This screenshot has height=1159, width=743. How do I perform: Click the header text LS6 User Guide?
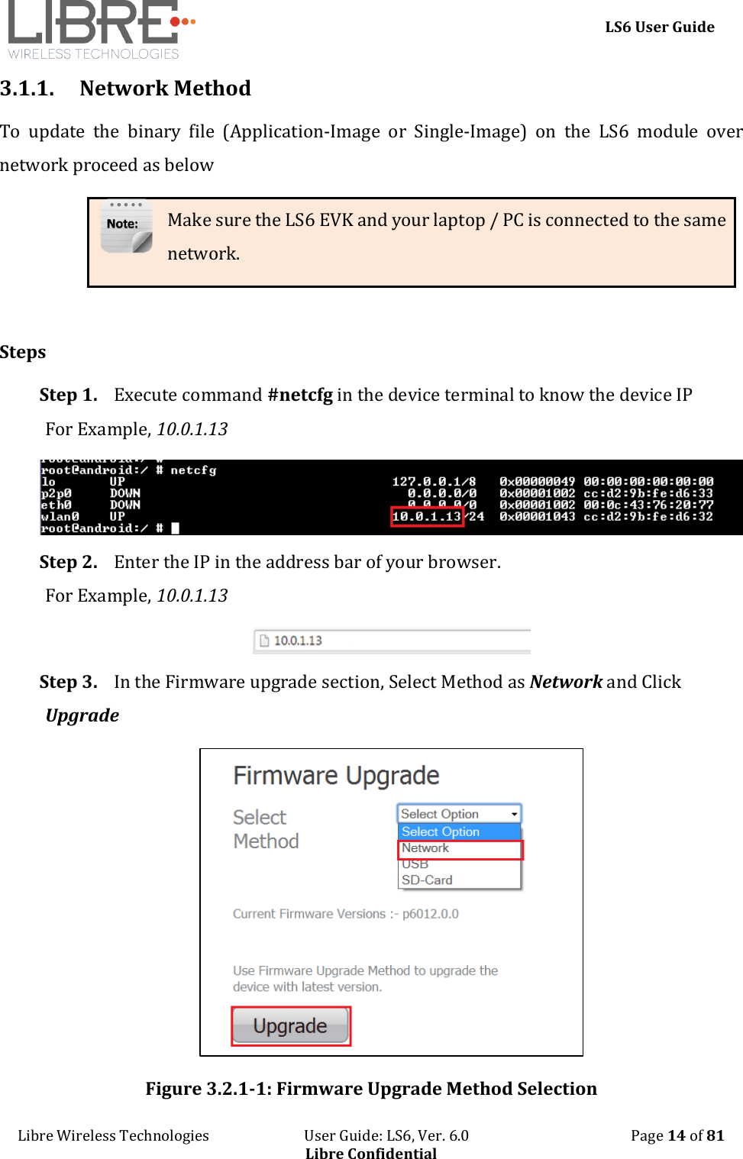(659, 27)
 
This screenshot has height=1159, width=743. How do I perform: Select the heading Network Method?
(165, 89)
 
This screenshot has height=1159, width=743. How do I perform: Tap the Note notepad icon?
(126, 227)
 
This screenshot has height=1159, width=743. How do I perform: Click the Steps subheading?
(23, 352)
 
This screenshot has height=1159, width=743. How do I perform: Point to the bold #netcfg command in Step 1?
(300, 395)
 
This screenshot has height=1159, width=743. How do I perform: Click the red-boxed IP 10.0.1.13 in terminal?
(426, 517)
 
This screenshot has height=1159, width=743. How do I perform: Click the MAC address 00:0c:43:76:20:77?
(648, 505)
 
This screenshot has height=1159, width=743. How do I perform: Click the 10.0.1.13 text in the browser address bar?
(298, 641)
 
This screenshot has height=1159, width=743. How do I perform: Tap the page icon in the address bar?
(264, 641)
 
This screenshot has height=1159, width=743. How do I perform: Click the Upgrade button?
(290, 1026)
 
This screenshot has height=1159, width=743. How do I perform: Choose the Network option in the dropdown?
(425, 848)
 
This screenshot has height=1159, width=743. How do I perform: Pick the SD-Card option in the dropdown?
(427, 880)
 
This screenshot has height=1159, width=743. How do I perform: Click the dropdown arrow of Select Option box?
(514, 814)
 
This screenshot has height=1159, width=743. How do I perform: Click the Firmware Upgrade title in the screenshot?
(336, 776)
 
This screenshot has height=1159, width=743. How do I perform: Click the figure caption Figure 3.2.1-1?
(371, 1089)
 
